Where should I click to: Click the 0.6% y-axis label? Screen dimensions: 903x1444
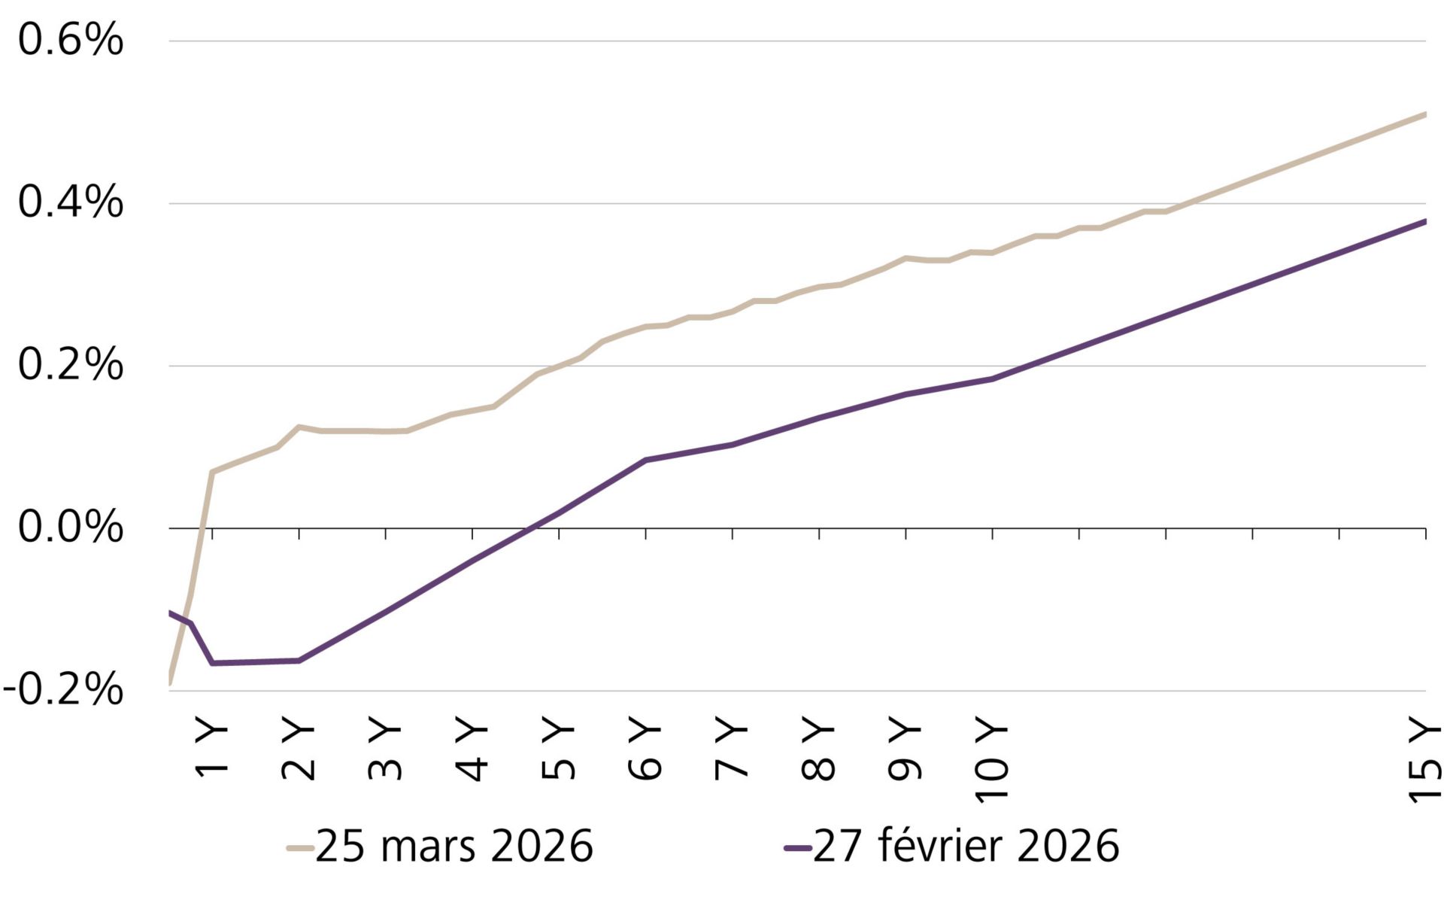(70, 41)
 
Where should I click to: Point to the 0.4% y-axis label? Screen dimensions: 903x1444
(70, 203)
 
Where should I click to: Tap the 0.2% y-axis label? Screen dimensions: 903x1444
(70, 366)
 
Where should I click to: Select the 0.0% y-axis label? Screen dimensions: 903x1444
(70, 528)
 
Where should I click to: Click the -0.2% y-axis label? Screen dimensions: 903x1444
(63, 690)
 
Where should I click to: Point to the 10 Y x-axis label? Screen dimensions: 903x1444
(993, 760)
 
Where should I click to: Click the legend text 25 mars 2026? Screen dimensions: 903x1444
(454, 847)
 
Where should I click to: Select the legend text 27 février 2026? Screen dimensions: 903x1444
(966, 847)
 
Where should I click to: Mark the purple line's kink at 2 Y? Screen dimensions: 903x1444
(299, 661)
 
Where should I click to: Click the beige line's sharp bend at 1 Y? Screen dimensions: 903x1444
(213, 473)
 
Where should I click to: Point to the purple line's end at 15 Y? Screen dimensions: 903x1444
(1424, 221)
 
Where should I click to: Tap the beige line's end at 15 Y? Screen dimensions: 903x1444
(1424, 114)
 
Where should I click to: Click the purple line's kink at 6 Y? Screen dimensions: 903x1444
(646, 460)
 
